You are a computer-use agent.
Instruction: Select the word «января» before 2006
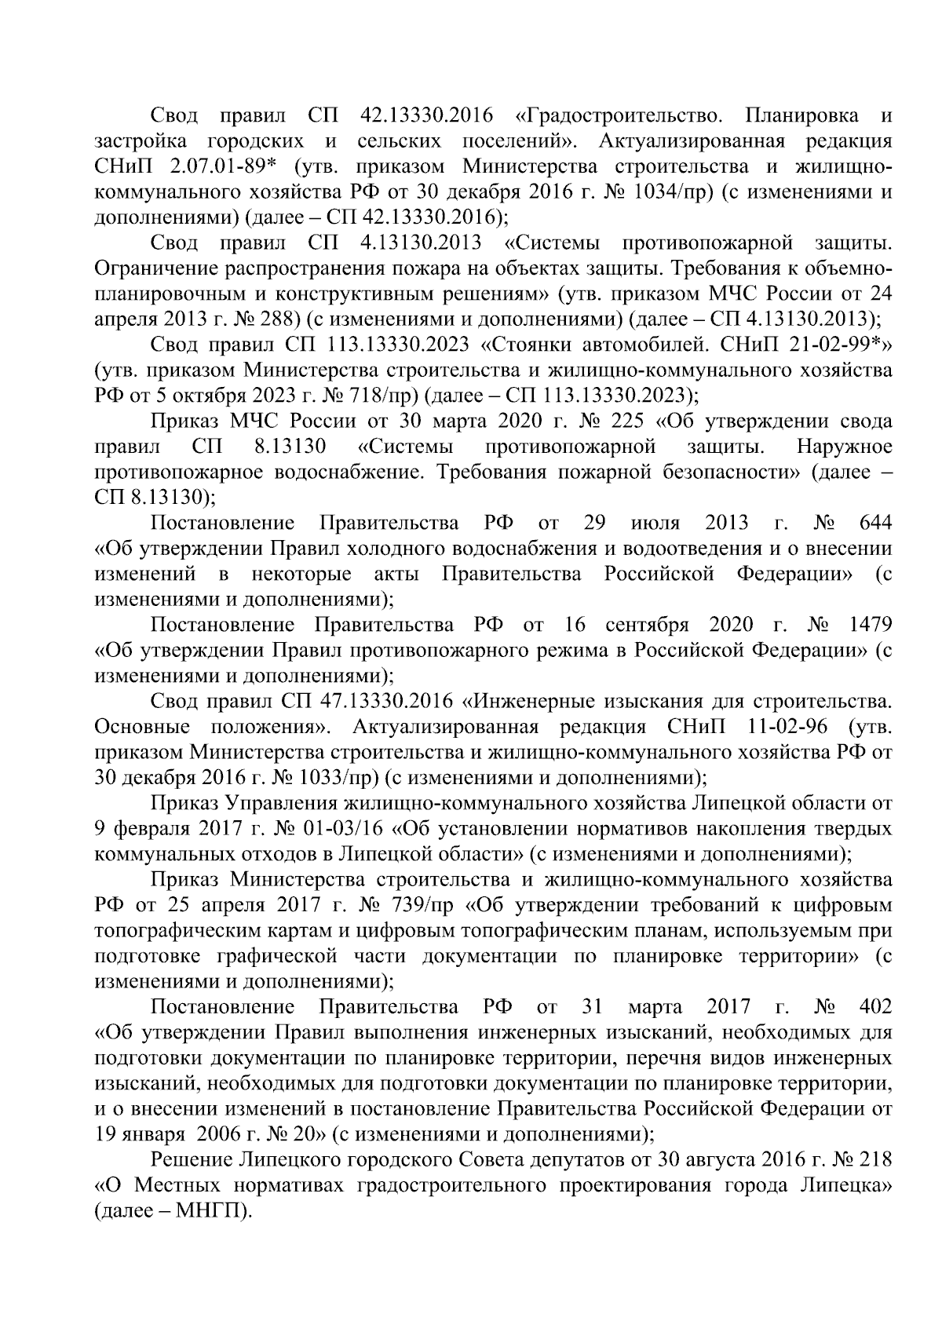pyautogui.click(x=152, y=1133)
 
